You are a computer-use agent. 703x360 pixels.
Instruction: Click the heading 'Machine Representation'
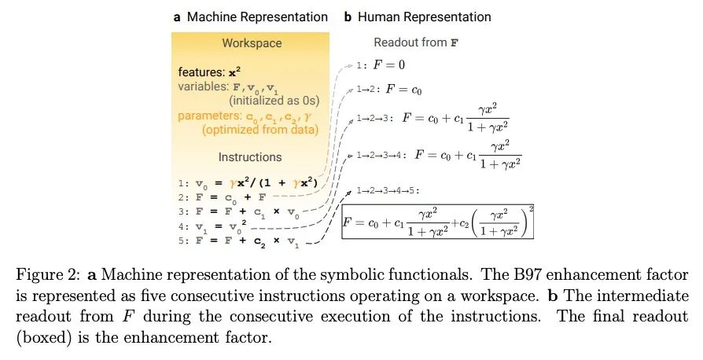pos(256,17)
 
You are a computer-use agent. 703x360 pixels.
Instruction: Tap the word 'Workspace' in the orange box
pos(252,43)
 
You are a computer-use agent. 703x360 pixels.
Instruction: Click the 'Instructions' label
pos(250,157)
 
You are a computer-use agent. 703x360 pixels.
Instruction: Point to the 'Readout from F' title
pos(416,42)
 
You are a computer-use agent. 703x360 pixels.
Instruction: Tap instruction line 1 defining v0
pos(249,182)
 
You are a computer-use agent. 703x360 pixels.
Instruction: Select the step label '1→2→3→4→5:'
pos(387,191)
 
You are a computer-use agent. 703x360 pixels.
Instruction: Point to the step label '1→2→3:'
pos(374,119)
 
